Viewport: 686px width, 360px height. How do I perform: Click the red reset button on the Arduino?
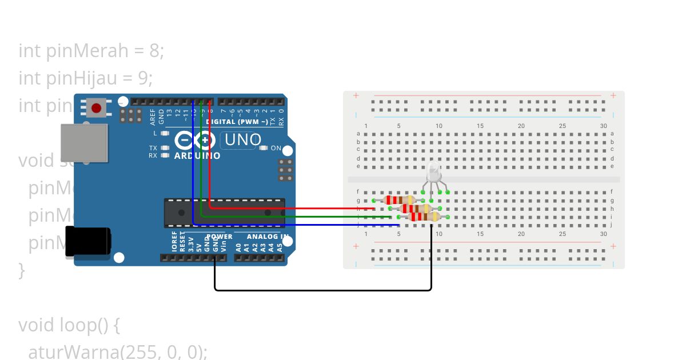tap(96, 107)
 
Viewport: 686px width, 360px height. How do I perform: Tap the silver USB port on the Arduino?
tap(84, 142)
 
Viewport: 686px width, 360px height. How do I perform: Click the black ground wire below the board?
tap(323, 290)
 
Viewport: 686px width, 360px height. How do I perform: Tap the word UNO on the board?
tap(243, 140)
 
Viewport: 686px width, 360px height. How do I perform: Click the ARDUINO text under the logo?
tap(197, 155)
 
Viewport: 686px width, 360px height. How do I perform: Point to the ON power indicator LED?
tap(264, 148)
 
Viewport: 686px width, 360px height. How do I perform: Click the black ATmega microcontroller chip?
tap(224, 213)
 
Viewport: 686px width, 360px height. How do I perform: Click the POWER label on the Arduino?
tap(219, 237)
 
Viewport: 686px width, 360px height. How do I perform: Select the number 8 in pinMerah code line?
tap(154, 51)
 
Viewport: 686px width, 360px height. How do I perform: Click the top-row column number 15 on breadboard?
tap(480, 126)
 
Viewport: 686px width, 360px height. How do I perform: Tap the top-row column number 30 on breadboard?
tap(604, 126)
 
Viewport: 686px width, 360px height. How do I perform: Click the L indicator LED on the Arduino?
tap(165, 133)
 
